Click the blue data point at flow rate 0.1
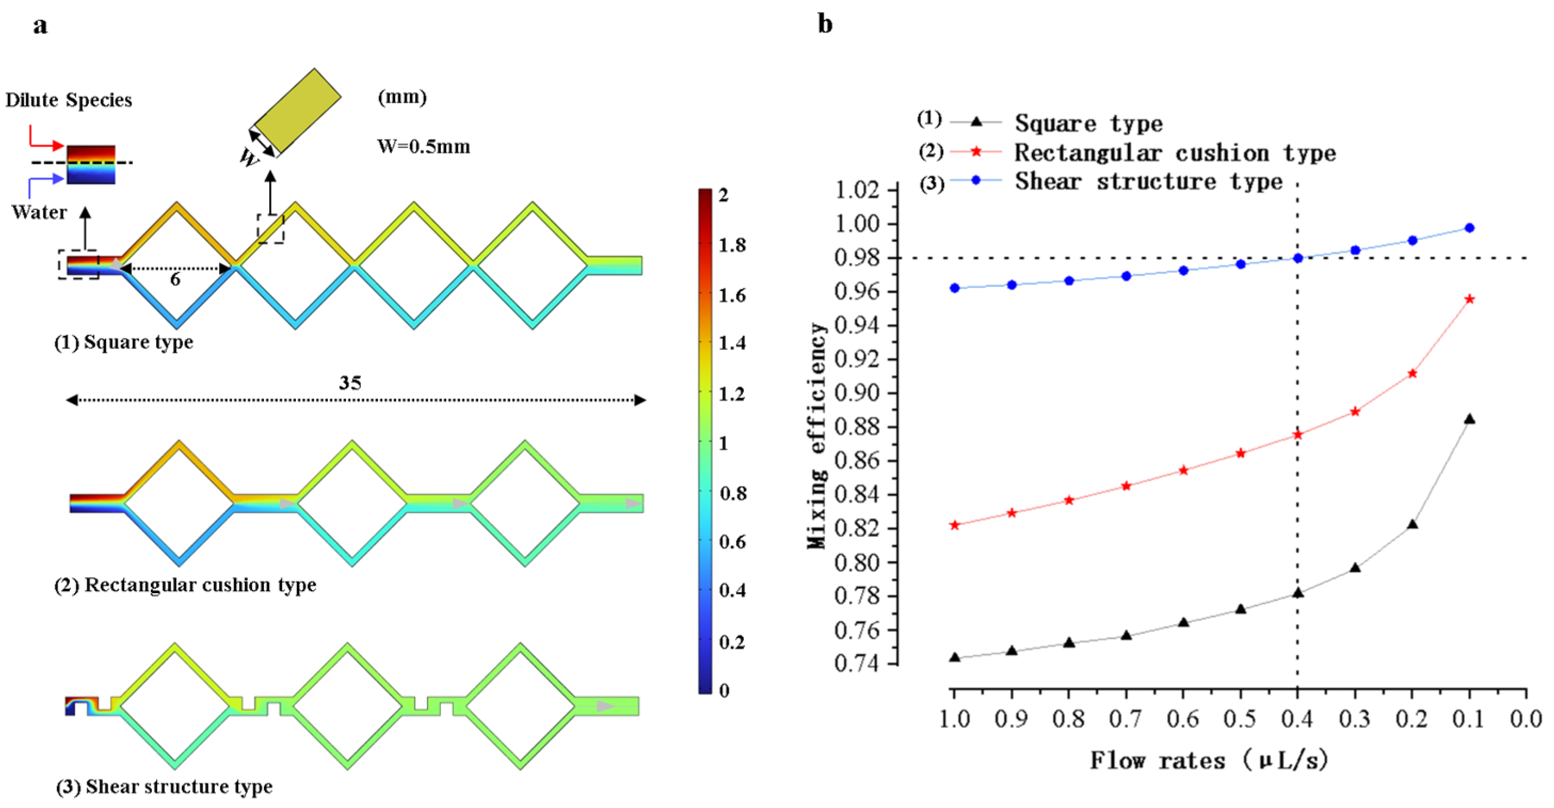click(1470, 228)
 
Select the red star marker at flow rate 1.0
click(954, 525)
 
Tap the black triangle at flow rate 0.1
click(1470, 419)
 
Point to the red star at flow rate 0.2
click(1412, 374)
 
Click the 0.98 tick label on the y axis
click(857, 258)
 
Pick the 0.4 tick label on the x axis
click(1297, 719)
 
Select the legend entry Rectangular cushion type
click(1174, 152)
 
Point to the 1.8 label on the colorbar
click(732, 245)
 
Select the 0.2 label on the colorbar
click(732, 642)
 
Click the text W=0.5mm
click(423, 147)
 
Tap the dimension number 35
click(350, 383)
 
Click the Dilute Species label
click(69, 100)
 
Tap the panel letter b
click(825, 24)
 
